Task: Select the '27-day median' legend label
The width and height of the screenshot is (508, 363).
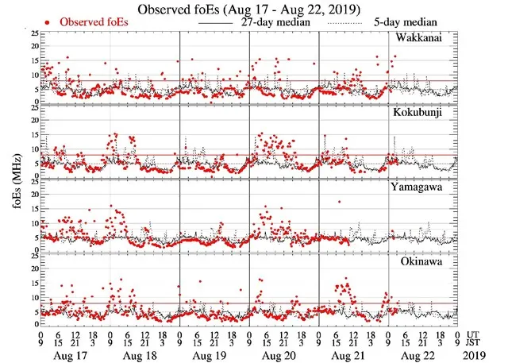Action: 273,23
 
